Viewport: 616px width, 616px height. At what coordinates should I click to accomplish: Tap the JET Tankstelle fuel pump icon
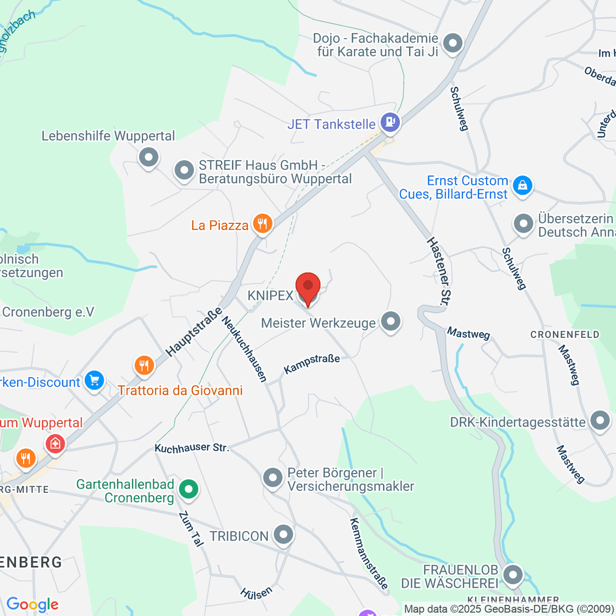390,122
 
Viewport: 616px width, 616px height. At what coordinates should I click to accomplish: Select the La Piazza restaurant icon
262,224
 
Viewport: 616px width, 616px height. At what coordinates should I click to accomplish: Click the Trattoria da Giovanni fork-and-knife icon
144,365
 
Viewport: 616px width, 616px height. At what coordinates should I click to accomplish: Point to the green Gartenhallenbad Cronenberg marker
189,489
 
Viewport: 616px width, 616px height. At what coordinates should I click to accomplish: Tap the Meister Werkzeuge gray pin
391,322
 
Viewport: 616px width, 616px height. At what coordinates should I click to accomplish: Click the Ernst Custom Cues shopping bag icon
522,185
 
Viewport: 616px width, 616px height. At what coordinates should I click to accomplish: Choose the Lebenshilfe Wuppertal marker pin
149,156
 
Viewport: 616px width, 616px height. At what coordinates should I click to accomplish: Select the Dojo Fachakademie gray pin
453,43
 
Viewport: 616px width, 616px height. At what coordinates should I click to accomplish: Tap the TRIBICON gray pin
283,534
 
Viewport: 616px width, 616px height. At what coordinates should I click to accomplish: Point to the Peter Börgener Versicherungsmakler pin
273,477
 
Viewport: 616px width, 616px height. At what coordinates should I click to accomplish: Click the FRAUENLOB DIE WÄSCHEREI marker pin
512,574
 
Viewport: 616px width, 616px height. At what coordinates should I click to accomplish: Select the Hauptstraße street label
194,332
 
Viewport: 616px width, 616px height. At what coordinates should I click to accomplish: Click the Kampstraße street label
312,363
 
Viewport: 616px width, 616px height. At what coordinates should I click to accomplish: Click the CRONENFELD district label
565,335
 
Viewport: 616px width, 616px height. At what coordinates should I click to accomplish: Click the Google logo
32,605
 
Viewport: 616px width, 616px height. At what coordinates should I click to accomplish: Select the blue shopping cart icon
94,381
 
